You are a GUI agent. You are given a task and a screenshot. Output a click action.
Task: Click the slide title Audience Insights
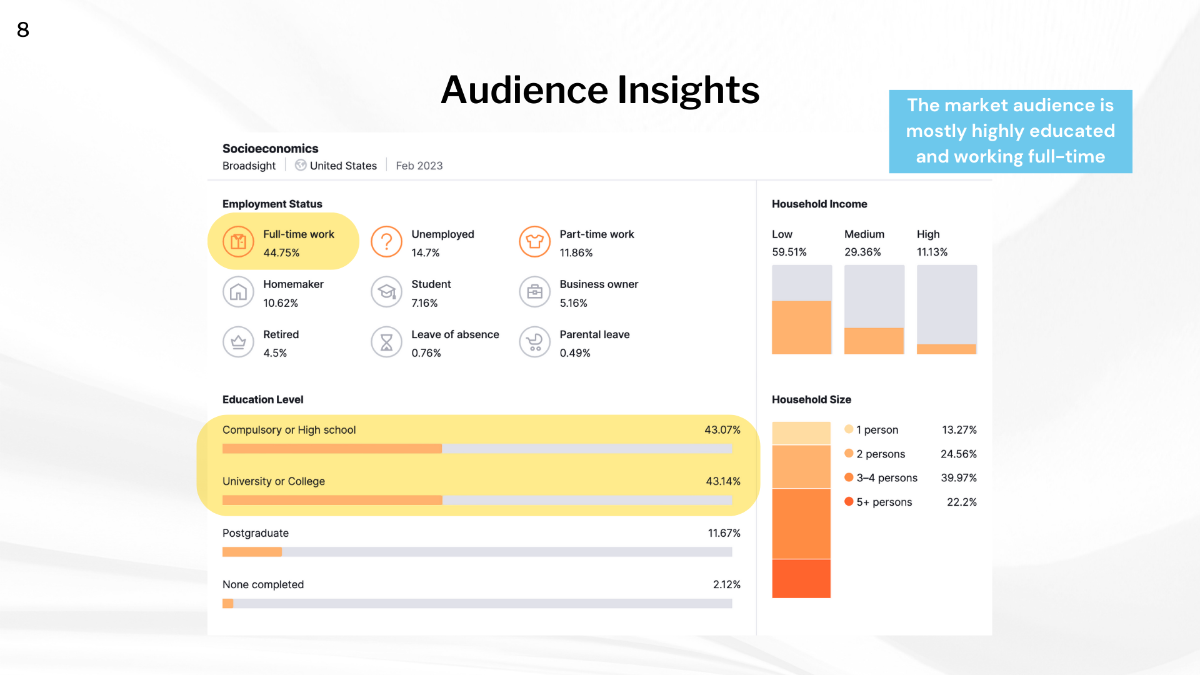click(x=600, y=90)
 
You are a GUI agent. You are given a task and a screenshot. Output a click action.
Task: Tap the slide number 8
click(x=23, y=30)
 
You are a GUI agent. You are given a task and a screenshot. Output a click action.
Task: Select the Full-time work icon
click(x=238, y=242)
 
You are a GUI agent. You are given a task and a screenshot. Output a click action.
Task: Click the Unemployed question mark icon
click(x=386, y=242)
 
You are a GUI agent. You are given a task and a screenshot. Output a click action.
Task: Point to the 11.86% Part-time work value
click(x=576, y=252)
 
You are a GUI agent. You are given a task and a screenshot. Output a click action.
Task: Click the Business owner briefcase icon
click(x=534, y=292)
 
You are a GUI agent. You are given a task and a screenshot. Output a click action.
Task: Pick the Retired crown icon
click(x=238, y=342)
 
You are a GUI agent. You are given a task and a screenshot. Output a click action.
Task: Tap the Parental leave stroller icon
click(x=534, y=342)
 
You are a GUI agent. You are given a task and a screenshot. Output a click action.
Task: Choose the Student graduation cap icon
click(x=386, y=292)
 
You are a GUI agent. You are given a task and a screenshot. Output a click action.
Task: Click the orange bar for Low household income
click(x=801, y=327)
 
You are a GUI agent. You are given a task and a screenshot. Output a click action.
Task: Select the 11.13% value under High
click(x=932, y=252)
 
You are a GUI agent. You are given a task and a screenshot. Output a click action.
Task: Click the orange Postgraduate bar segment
click(x=252, y=552)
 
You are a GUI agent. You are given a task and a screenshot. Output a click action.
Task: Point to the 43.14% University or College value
click(x=722, y=481)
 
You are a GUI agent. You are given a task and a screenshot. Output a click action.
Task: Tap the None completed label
click(x=263, y=584)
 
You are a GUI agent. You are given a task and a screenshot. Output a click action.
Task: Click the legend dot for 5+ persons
click(x=849, y=501)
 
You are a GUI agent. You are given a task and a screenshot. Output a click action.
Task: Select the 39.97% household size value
click(x=958, y=477)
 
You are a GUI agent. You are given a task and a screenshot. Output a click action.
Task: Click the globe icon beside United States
click(x=301, y=165)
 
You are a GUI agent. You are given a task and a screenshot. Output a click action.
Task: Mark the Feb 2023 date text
click(x=419, y=166)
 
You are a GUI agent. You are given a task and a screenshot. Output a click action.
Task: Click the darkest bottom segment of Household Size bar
click(x=801, y=579)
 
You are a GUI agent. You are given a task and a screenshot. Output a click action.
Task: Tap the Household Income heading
click(x=819, y=204)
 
